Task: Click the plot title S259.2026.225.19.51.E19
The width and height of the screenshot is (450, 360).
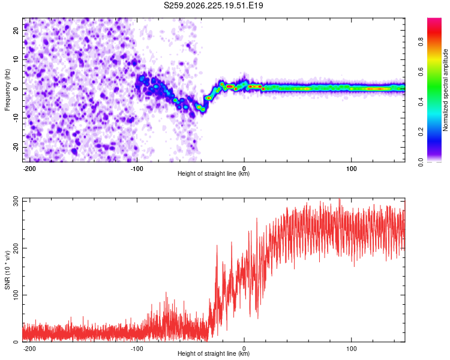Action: pos(213,5)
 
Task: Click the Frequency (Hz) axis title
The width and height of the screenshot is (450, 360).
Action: pos(7,90)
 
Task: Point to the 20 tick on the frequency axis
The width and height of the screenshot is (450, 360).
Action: pos(16,31)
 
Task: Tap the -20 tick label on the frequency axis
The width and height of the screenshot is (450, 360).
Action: pos(16,147)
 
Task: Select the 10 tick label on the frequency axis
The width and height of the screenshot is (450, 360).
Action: pos(16,59)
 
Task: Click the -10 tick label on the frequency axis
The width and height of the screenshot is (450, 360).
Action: pos(16,118)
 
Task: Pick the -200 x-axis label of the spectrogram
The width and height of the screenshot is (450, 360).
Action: pos(29,169)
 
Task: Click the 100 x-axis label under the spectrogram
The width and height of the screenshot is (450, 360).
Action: pos(351,169)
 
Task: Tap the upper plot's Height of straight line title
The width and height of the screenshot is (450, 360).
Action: pos(214,173)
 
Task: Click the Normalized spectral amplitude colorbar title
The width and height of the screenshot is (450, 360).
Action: pos(445,90)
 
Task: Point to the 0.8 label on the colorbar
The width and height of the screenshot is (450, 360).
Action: pos(421,42)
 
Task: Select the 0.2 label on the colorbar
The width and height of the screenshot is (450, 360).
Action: pos(421,132)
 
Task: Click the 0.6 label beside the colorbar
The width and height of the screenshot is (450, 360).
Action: pos(421,72)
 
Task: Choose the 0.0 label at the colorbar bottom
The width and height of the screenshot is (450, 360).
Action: pos(421,161)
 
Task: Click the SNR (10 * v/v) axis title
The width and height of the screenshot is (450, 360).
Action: pos(7,270)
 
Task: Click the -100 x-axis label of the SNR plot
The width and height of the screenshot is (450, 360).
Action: pos(137,349)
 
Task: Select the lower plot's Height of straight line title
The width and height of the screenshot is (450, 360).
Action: pos(214,353)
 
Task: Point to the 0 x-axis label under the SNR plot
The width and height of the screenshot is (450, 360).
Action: pos(244,349)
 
